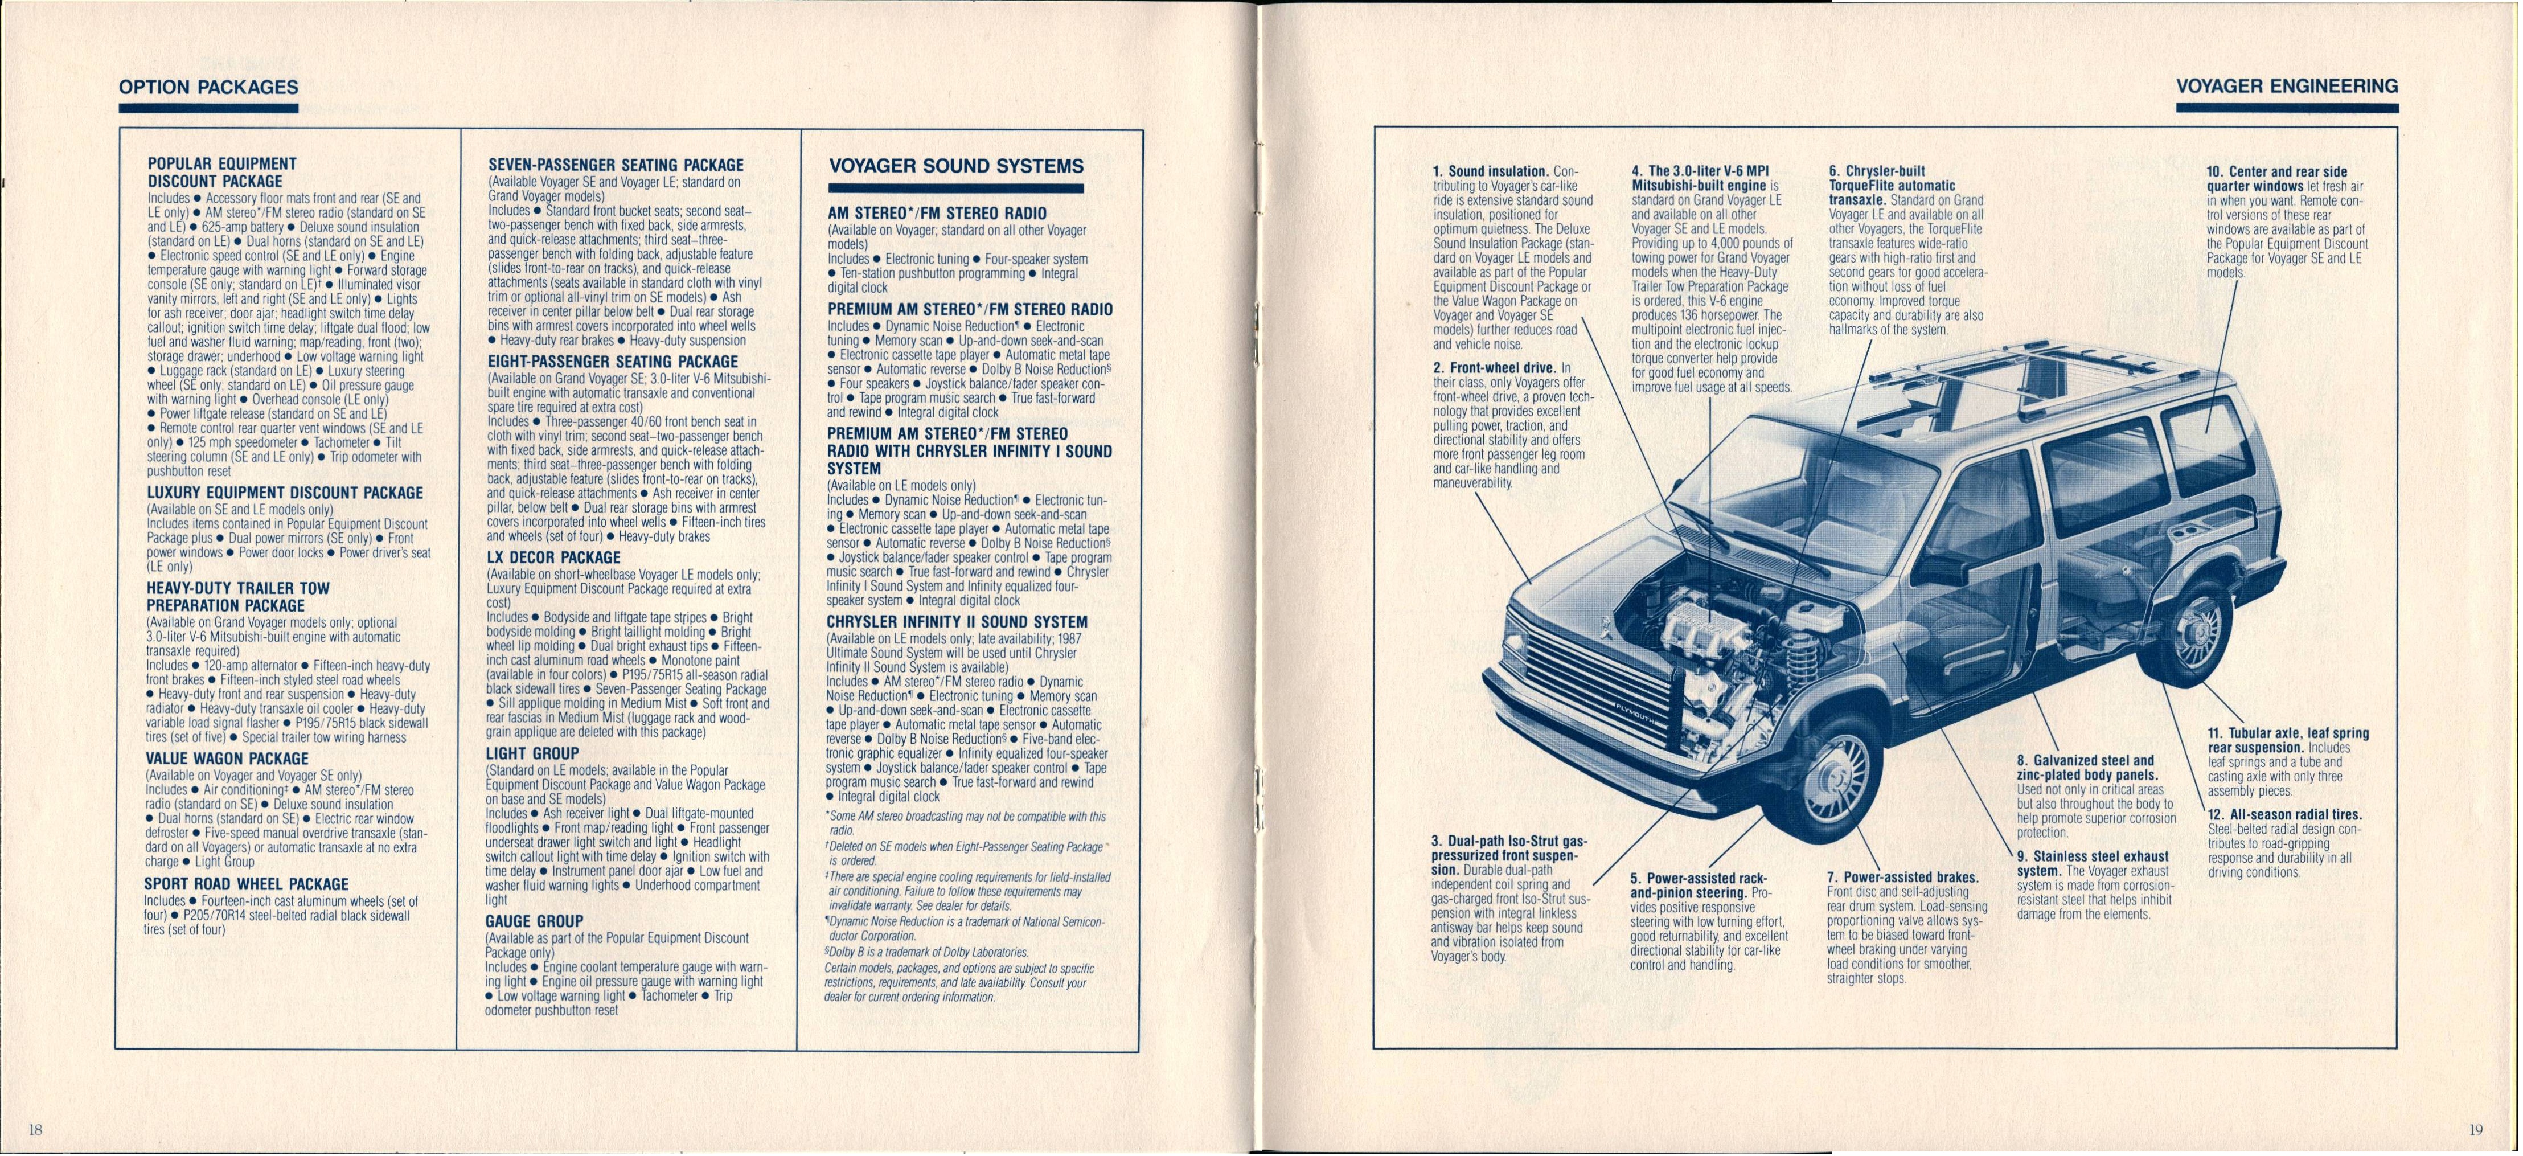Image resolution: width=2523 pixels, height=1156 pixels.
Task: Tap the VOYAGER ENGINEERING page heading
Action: (2286, 86)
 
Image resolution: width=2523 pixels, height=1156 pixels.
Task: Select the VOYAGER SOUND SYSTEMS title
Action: (956, 166)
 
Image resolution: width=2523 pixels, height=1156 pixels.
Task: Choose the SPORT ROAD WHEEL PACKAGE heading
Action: (246, 884)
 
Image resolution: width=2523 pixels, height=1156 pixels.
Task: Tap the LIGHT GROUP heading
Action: (532, 753)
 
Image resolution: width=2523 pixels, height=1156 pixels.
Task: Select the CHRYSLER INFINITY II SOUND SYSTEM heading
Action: (956, 622)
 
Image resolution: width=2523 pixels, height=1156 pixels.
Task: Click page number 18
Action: (35, 1130)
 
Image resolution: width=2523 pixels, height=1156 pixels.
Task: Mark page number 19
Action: (2475, 1130)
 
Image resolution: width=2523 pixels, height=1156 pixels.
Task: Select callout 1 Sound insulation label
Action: (1490, 171)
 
